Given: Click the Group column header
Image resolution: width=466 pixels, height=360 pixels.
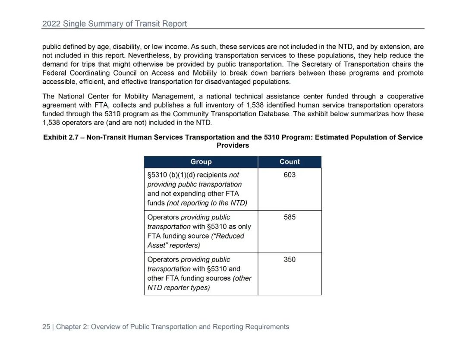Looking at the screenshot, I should click(x=201, y=162).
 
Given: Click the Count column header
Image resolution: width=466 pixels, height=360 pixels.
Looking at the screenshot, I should click(x=290, y=162).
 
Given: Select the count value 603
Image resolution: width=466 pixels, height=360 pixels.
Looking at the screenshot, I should click(x=290, y=175).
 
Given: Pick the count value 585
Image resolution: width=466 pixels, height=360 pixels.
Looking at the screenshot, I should click(x=290, y=217).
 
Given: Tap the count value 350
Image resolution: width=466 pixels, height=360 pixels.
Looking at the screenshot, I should click(x=290, y=259).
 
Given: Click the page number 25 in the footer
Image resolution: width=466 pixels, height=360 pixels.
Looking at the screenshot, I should click(x=46, y=327).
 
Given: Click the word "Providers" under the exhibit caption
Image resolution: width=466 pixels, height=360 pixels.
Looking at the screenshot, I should click(x=233, y=145).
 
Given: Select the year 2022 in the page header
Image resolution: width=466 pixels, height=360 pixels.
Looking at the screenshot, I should click(x=51, y=24).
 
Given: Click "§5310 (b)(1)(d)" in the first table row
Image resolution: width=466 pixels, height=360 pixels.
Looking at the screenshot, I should click(x=171, y=175).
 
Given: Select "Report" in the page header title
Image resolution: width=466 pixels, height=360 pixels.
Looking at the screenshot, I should click(x=175, y=24).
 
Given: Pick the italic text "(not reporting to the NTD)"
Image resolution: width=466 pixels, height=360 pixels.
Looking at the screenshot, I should click(x=207, y=203).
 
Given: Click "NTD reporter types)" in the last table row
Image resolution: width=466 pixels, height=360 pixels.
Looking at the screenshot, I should click(x=179, y=287).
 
